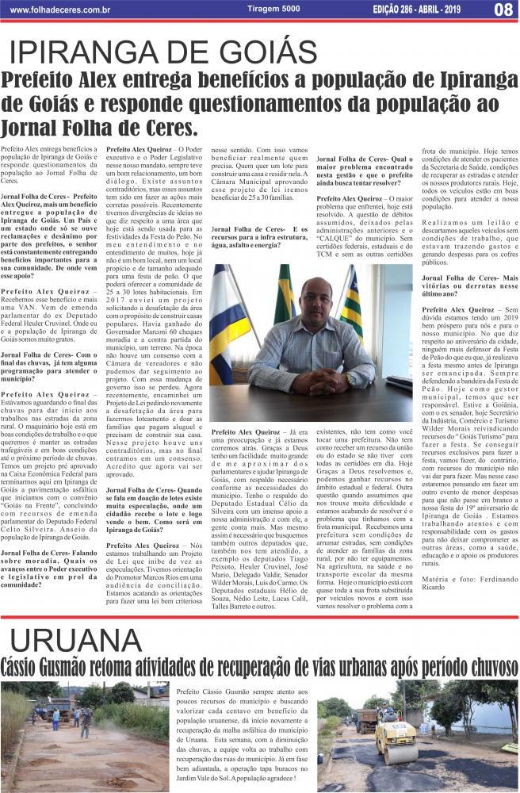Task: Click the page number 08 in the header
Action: [x=503, y=10]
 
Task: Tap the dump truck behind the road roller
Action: [x=367, y=718]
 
